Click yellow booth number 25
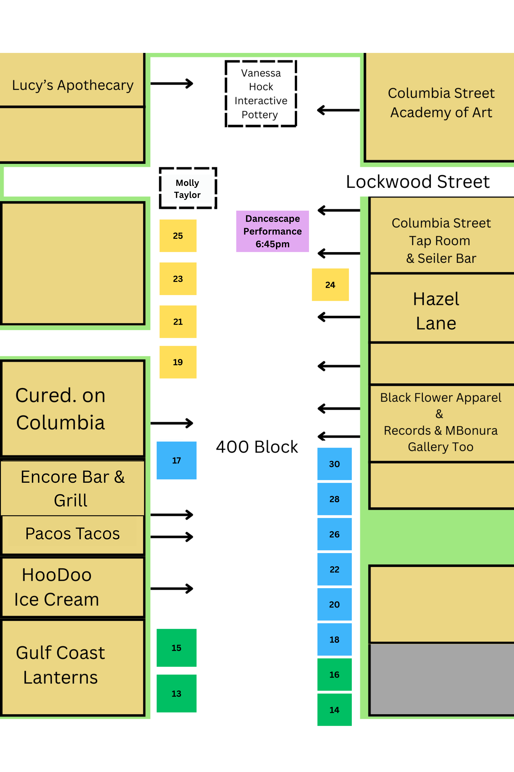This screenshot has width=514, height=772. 178,236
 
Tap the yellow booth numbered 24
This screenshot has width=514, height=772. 330,285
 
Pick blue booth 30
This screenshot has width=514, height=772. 334,464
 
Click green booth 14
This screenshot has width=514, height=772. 334,710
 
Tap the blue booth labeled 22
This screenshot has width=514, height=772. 334,569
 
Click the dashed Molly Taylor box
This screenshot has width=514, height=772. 188,188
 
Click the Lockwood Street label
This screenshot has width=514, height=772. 418,182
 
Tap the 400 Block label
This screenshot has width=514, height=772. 257,447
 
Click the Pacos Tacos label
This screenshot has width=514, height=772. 73,533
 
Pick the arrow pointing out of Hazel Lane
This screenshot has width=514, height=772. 339,317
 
